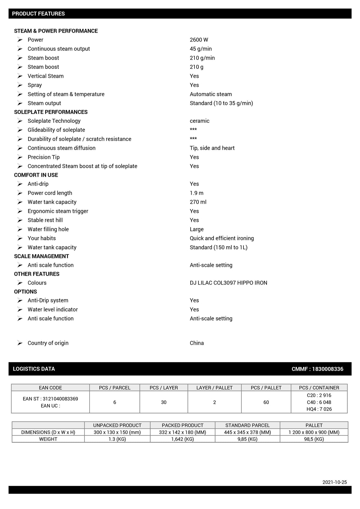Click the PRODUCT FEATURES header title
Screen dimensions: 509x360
pyautogui.click(x=38, y=14)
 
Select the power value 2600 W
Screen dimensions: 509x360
pyautogui.click(x=199, y=40)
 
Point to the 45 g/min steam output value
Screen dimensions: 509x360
pyautogui.click(x=201, y=49)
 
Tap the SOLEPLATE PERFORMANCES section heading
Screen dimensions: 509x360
pyautogui.click(x=51, y=112)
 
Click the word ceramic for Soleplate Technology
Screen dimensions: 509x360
pyautogui.click(x=200, y=121)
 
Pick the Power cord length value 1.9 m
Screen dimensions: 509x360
pyautogui.click(x=197, y=193)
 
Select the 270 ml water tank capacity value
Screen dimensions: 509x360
pyautogui.click(x=198, y=202)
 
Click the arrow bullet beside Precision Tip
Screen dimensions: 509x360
pyautogui.click(x=20, y=157)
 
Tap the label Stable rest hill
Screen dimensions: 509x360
pyautogui.click(x=45, y=220)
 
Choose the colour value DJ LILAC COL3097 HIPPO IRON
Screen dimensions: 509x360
pyautogui.click(x=228, y=283)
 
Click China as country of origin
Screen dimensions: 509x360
pyautogui.click(x=197, y=343)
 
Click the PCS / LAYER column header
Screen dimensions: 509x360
pyautogui.click(x=164, y=388)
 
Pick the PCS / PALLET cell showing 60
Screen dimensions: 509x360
pyautogui.click(x=266, y=402)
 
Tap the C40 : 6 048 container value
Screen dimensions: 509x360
pyautogui.click(x=319, y=402)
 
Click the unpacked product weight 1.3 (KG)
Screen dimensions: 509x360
pyautogui.click(x=117, y=439)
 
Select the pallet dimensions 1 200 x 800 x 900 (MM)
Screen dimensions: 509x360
pyautogui.click(x=314, y=432)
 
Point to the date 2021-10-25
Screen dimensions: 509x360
pyautogui.click(x=334, y=482)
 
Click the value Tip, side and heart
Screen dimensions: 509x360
pyautogui.click(x=212, y=148)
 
